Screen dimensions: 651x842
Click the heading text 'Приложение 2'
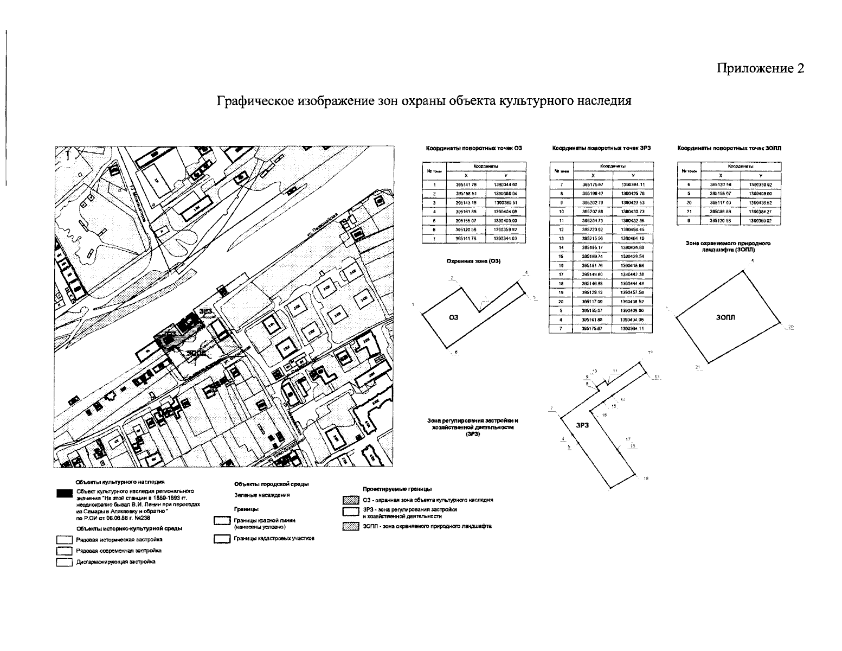click(760, 68)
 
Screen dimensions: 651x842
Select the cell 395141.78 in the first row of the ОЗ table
click(466, 186)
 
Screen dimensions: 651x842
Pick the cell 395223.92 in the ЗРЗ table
click(593, 229)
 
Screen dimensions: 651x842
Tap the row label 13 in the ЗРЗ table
click(562, 239)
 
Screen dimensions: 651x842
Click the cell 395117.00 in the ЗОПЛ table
click(721, 203)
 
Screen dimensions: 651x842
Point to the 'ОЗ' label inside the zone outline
click(454, 318)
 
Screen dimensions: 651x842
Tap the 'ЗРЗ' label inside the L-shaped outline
click(582, 426)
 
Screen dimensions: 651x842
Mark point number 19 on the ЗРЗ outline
click(645, 478)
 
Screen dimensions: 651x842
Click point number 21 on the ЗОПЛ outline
click(698, 368)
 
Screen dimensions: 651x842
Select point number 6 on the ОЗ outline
click(456, 353)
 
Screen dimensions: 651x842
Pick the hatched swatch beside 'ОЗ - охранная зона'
click(350, 500)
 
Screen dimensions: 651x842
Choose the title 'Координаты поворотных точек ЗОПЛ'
click(729, 148)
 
